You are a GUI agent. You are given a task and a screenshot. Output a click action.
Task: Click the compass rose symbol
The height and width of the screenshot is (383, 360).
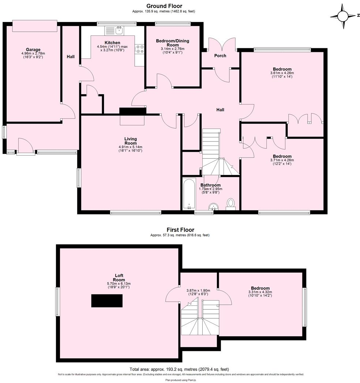point(343,16)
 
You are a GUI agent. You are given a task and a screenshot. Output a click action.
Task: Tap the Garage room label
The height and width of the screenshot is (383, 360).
point(33,50)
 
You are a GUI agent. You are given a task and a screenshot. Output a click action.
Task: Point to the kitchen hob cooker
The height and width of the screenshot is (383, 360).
point(139,49)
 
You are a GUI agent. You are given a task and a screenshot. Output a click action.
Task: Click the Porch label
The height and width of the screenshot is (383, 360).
point(220,56)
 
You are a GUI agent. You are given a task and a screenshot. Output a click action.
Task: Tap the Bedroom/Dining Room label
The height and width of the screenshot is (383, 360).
point(172,43)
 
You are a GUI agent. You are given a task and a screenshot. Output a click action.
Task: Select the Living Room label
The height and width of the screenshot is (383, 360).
point(130,141)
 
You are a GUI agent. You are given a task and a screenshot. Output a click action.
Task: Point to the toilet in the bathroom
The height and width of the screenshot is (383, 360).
point(231,203)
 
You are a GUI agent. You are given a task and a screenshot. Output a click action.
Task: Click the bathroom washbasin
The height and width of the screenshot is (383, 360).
point(213,207)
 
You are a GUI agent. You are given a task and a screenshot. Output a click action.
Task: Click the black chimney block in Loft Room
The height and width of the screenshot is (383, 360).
point(106,301)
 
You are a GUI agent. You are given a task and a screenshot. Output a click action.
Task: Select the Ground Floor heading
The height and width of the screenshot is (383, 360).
point(164,6)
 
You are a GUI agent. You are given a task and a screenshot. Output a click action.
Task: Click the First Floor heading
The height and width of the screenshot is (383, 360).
point(180,230)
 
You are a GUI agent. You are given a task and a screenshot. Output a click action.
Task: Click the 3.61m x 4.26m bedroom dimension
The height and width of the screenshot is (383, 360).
point(282,73)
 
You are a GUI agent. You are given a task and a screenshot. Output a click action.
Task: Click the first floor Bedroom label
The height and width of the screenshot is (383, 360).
point(260,288)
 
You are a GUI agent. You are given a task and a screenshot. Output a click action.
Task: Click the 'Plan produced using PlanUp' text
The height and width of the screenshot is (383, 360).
point(179,380)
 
